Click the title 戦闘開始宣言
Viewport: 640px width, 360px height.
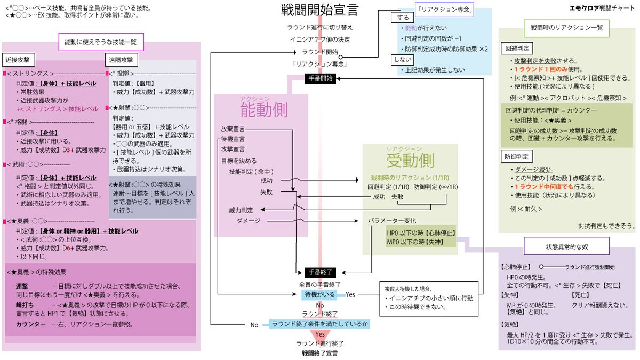pyautogui.click(x=319, y=10)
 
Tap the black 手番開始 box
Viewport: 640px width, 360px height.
pyautogui.click(x=320, y=78)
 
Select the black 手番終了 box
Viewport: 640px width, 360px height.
pyautogui.click(x=320, y=271)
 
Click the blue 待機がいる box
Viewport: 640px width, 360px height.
pyautogui.click(x=321, y=294)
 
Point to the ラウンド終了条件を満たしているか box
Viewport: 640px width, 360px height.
pyautogui.click(x=319, y=323)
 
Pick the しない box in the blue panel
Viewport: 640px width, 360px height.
pyautogui.click(x=403, y=60)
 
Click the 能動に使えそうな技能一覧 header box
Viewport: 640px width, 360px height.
pyautogui.click(x=100, y=42)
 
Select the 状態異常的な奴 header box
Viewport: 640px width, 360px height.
pyautogui.click(x=566, y=246)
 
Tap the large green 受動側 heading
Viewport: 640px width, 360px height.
pyautogui.click(x=410, y=160)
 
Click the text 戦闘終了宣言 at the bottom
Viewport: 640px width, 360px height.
pyautogui.click(x=319, y=353)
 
